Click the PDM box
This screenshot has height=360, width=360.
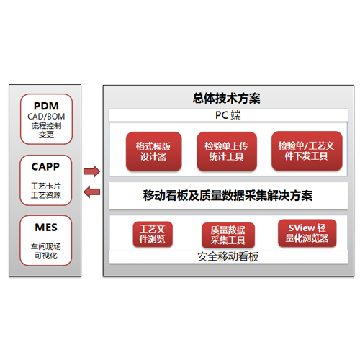[46, 119]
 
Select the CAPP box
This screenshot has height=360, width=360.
[46, 180]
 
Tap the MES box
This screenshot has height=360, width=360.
[46, 240]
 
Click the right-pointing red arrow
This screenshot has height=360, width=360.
[91, 171]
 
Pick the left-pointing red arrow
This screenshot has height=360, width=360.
[91, 192]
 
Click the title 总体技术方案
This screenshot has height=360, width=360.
[227, 99]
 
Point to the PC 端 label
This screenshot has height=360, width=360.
[228, 115]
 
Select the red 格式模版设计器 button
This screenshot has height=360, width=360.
[153, 151]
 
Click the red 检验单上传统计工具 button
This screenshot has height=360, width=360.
[227, 151]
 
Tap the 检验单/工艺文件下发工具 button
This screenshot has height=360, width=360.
[307, 151]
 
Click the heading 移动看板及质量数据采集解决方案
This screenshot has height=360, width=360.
[228, 195]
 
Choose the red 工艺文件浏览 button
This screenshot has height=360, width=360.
[153, 234]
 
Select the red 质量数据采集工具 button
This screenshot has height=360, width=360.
[228, 235]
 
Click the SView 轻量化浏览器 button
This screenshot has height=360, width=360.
[307, 233]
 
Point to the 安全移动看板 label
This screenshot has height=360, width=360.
[228, 257]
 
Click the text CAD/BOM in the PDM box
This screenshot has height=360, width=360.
[46, 117]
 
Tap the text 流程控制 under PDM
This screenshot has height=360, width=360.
[46, 126]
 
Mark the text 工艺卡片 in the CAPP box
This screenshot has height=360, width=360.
[46, 186]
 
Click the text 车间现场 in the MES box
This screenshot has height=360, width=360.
[46, 247]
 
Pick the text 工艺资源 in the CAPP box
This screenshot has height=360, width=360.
[46, 195]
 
